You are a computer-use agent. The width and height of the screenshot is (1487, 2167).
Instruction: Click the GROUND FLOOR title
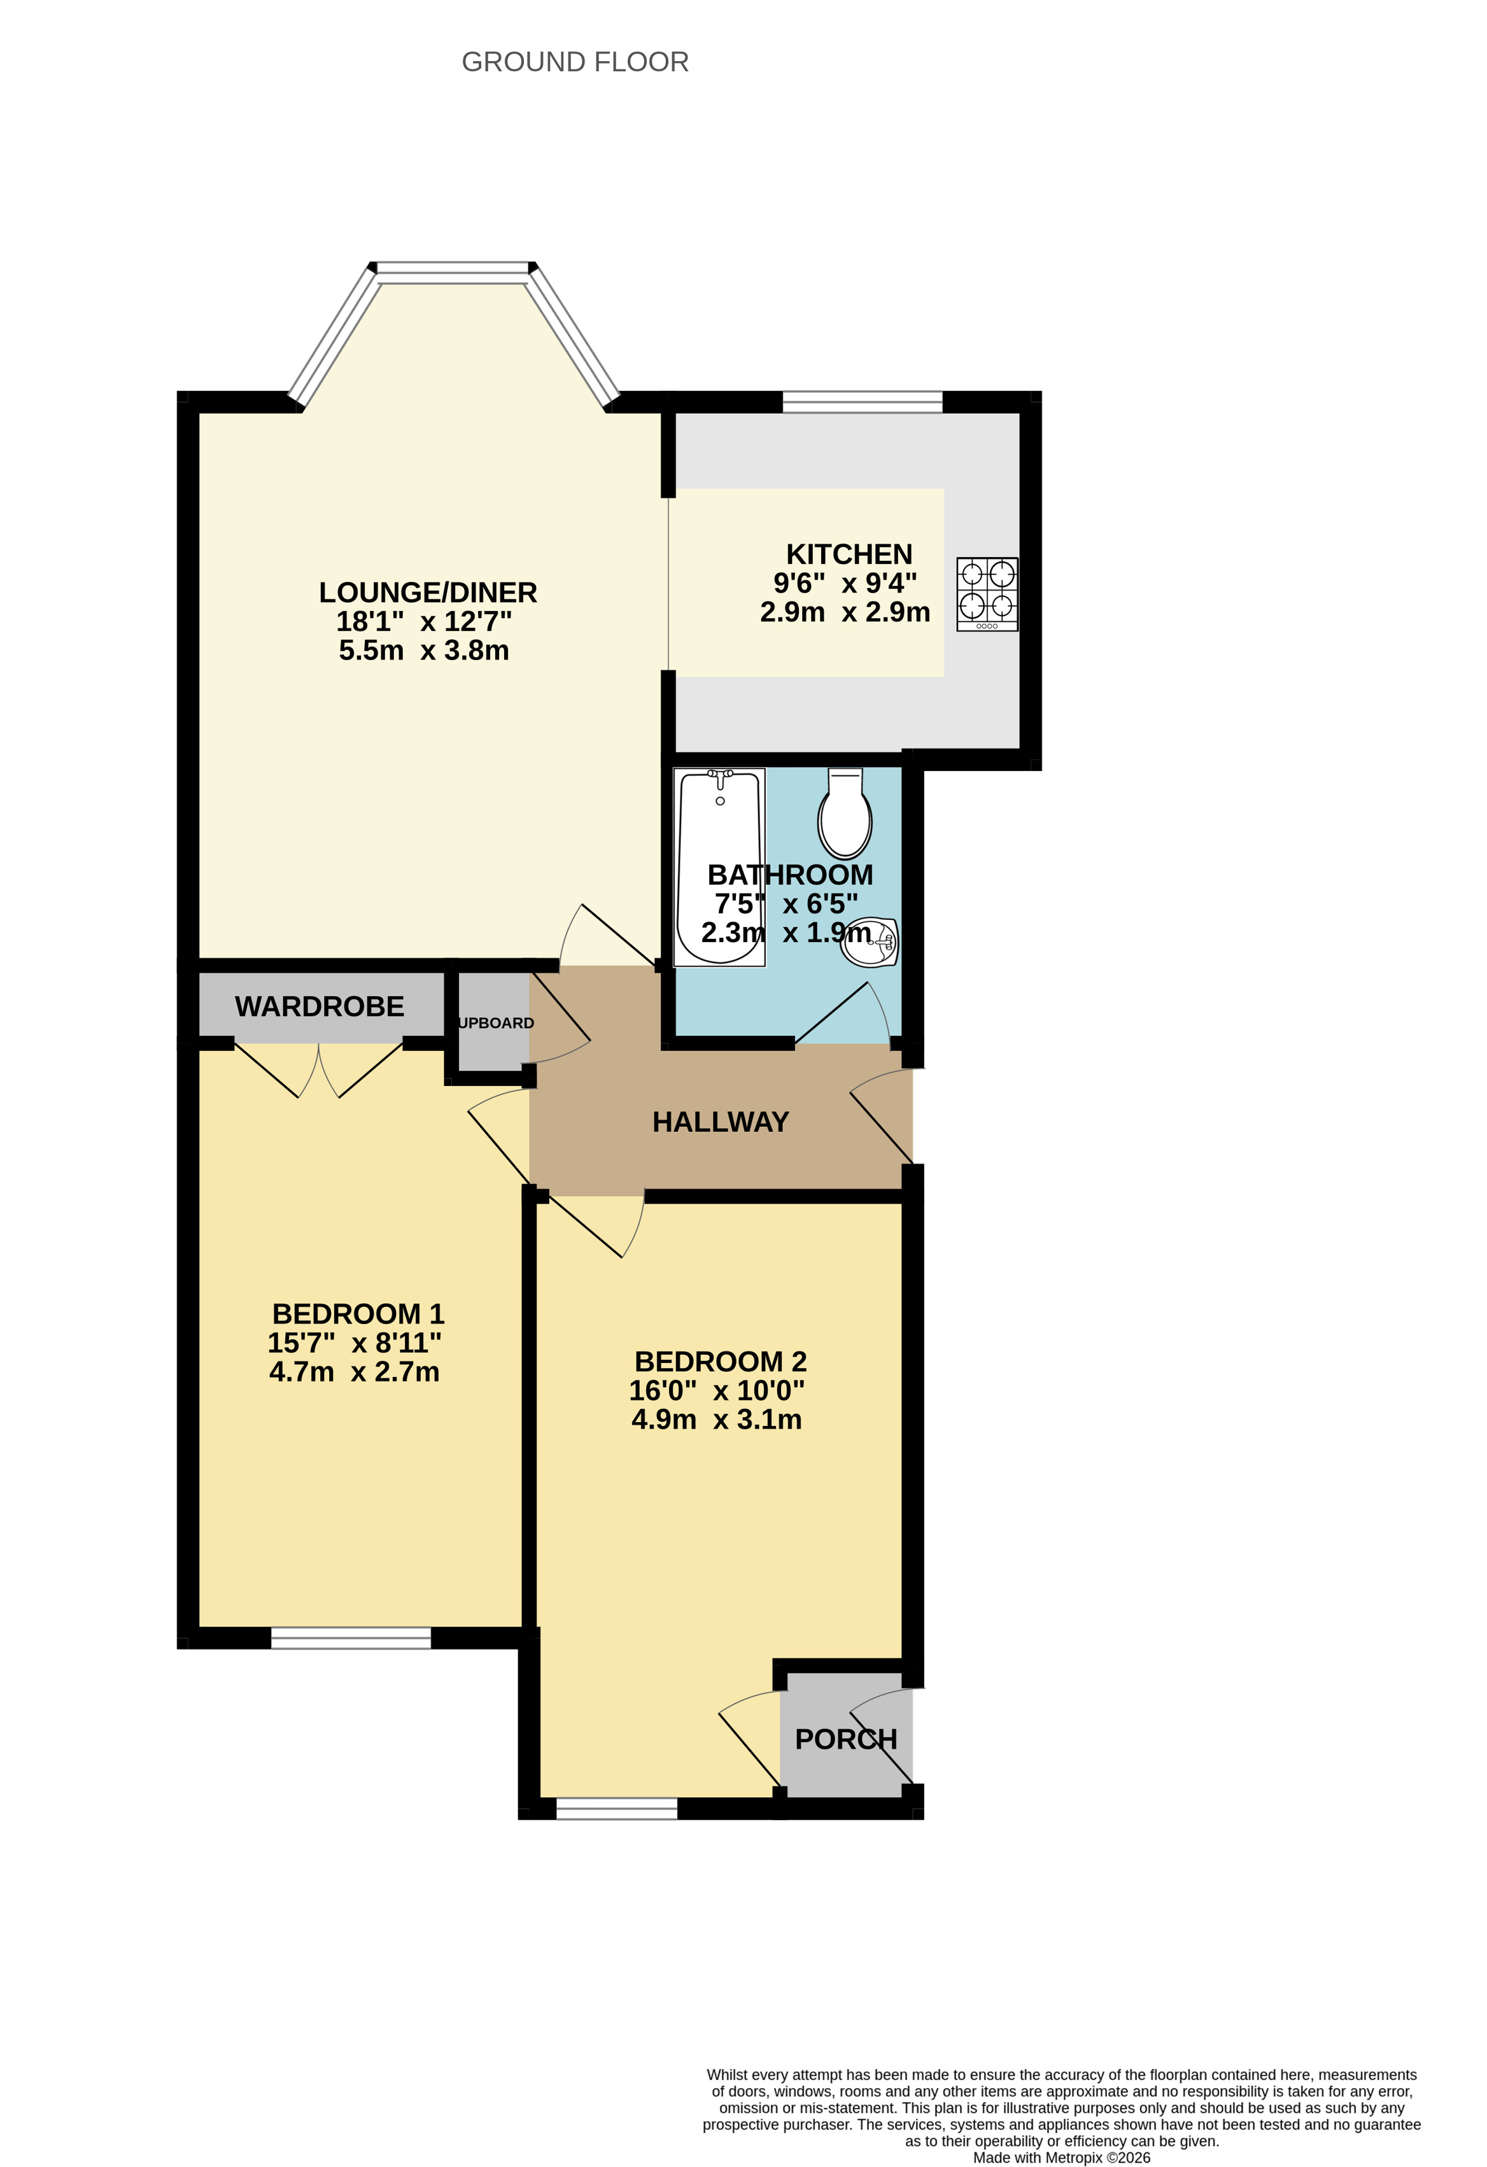[x=575, y=62]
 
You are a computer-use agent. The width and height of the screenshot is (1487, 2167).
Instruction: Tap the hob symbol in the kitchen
[x=987, y=594]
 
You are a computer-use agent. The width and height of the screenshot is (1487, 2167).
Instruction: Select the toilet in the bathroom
[x=845, y=813]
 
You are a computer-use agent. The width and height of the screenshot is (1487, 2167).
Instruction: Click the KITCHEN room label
[x=849, y=554]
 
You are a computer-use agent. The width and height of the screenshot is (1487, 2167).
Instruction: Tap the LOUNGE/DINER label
[x=428, y=592]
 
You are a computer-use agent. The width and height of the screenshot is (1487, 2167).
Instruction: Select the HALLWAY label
[x=721, y=1122]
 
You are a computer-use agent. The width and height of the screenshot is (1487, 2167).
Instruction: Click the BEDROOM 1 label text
[x=358, y=1314]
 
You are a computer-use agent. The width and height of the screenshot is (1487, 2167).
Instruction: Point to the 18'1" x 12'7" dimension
[x=424, y=621]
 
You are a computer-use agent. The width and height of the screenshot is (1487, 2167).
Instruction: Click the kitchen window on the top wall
[x=863, y=402]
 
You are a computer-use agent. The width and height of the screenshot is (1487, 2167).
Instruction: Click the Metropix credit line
[x=1062, y=2157]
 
